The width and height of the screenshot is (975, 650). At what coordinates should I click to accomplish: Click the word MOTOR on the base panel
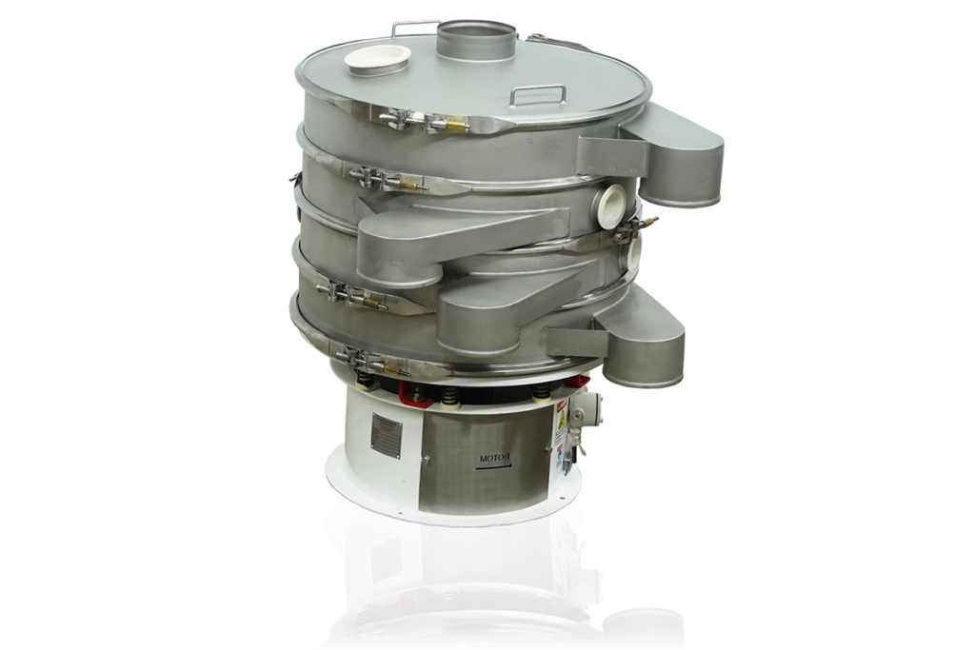pos(495,458)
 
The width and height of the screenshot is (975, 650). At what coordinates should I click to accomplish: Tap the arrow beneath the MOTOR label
pos(495,467)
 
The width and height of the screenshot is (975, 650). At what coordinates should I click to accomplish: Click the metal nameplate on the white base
pos(386,435)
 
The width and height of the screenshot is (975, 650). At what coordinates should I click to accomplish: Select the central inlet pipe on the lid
pos(476,40)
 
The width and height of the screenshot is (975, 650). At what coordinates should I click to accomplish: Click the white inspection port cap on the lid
pos(377,58)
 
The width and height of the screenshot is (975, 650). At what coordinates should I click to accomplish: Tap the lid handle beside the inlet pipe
pos(415,28)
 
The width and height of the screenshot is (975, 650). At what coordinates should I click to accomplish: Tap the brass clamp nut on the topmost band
pos(458,125)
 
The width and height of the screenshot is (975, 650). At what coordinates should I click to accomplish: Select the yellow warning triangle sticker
pos(561,417)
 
